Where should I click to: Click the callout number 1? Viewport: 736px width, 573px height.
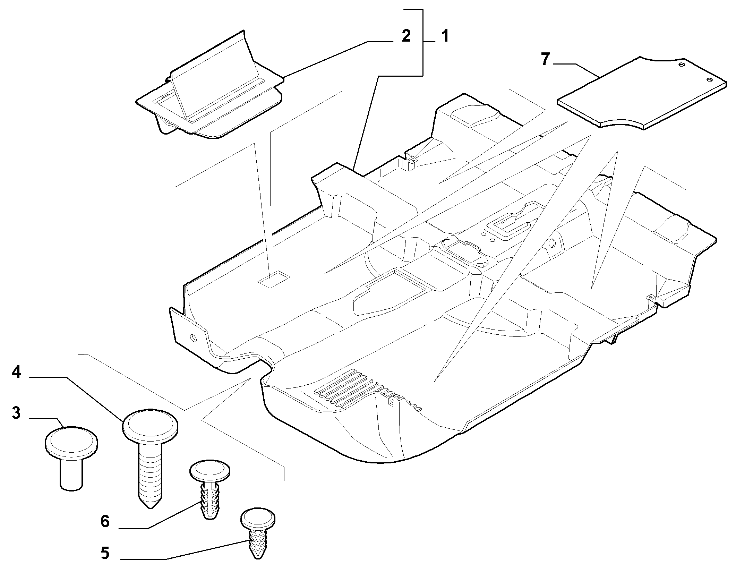(x=445, y=36)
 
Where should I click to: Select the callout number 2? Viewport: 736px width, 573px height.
(x=406, y=36)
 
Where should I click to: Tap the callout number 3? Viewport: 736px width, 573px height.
(x=16, y=413)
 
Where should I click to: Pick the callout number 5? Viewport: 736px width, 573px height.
(x=105, y=553)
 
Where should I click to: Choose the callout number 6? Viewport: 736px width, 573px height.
(x=105, y=521)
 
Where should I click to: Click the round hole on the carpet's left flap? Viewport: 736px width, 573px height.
(x=194, y=337)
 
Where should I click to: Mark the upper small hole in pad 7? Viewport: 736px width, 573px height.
(x=681, y=65)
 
